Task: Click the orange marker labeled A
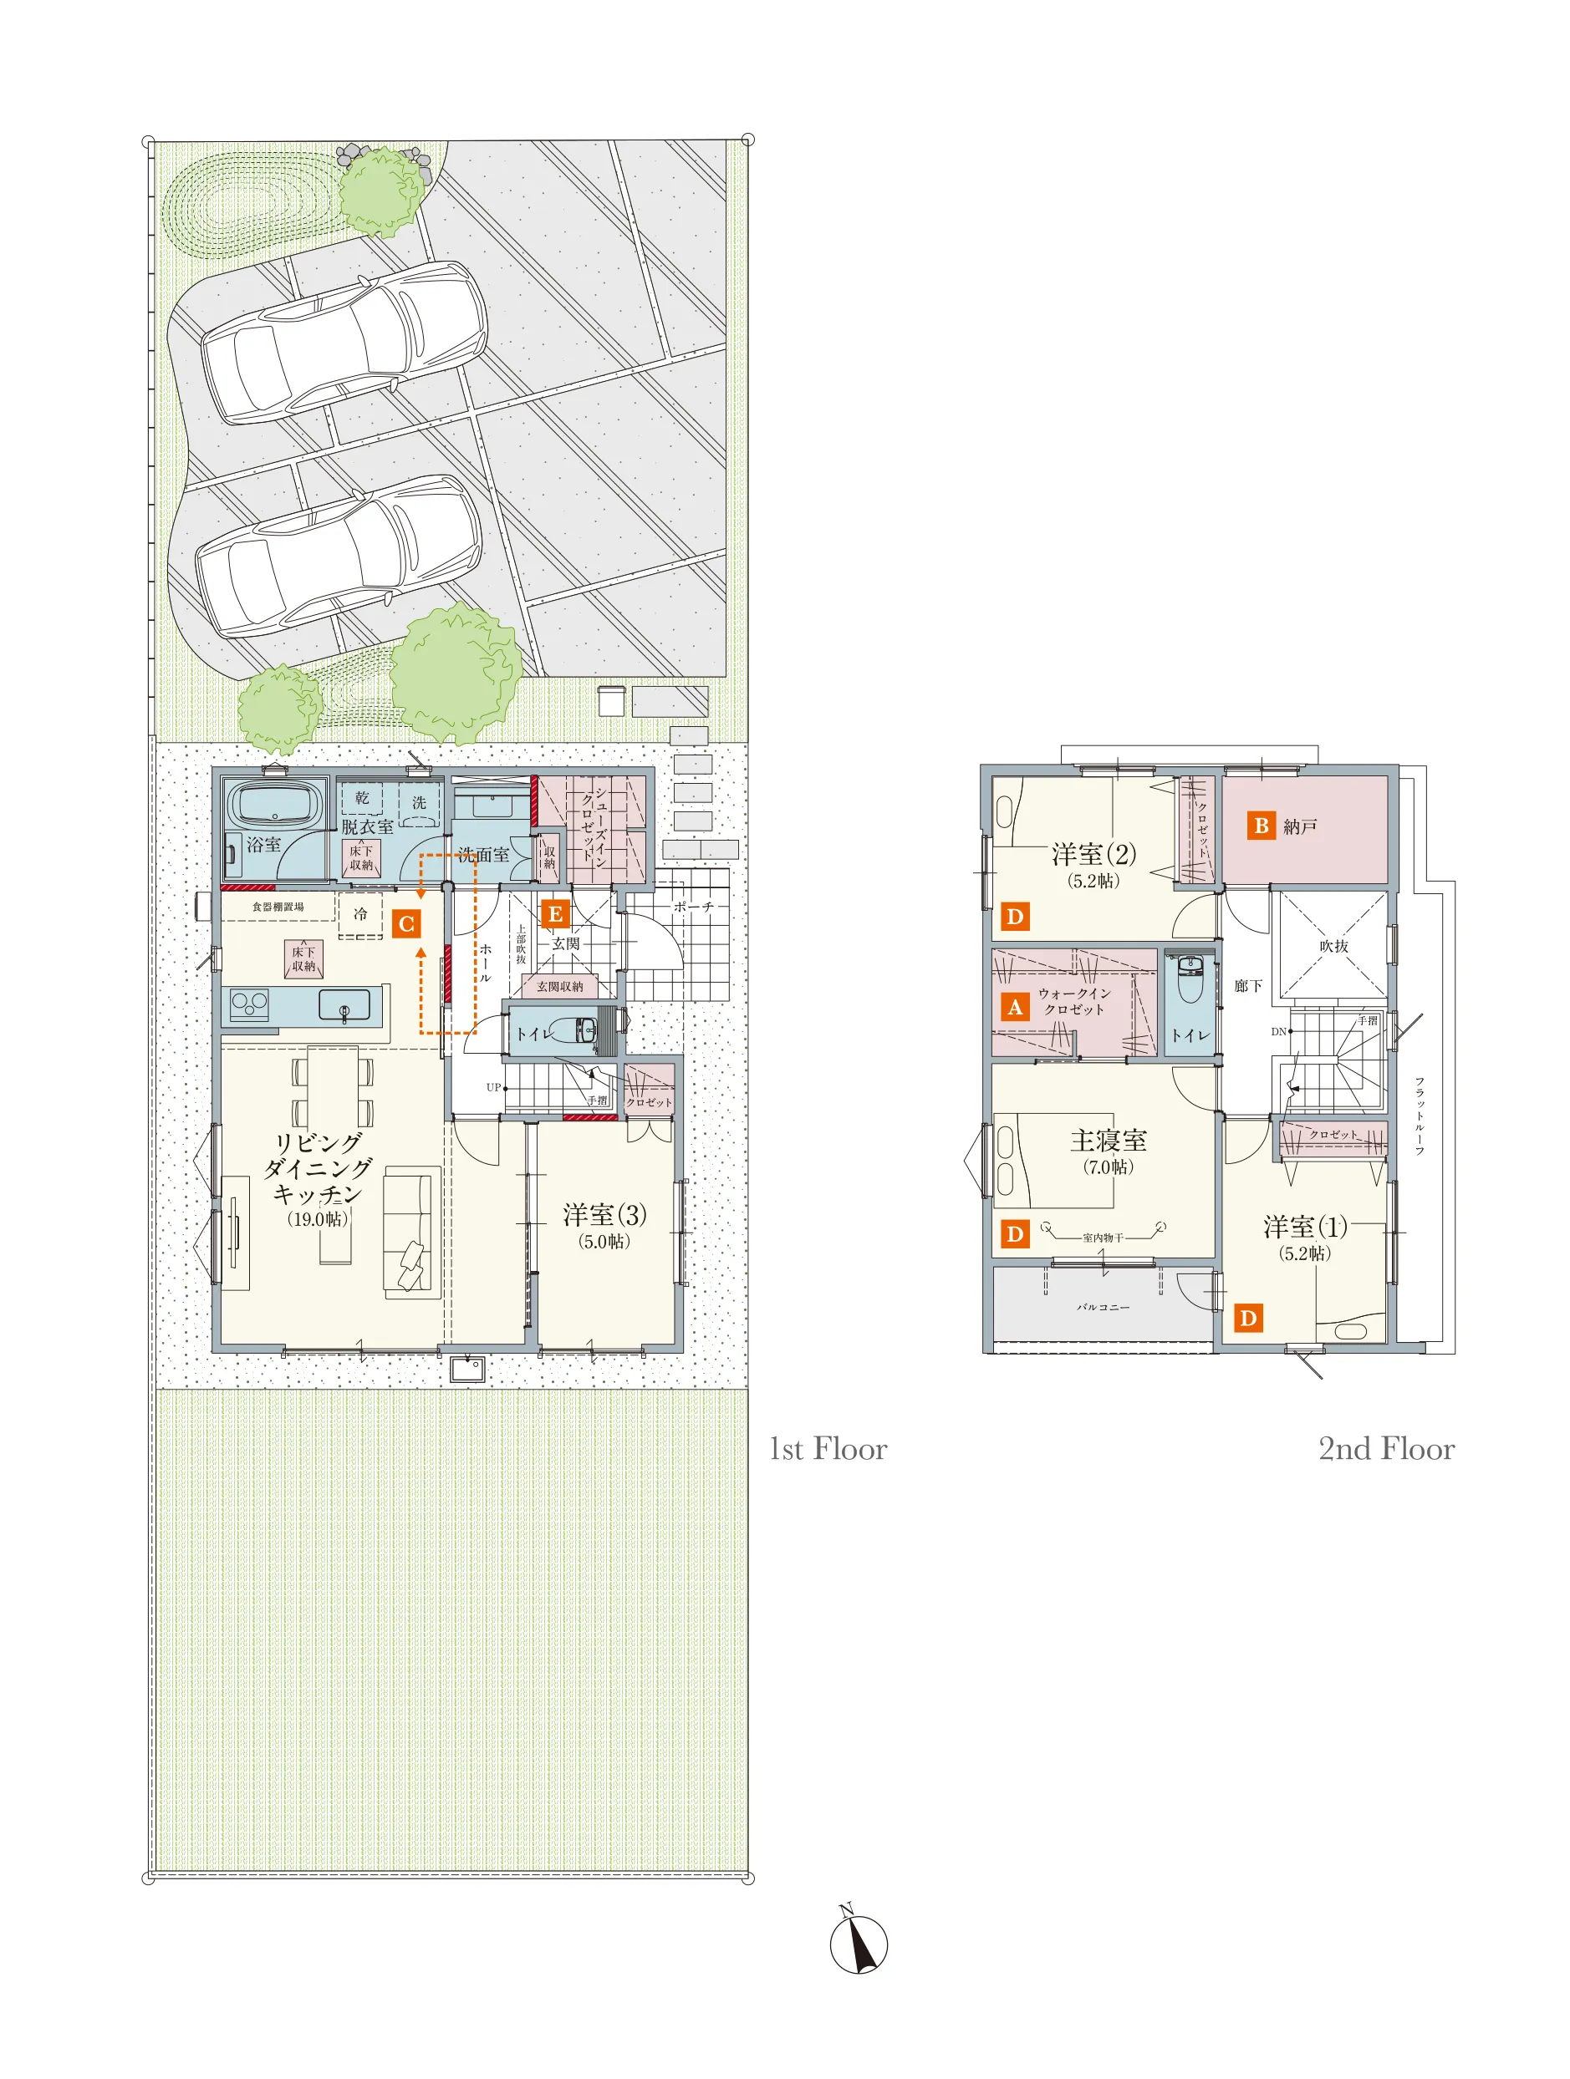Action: tap(1014, 1007)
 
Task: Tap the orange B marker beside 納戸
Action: tap(1261, 826)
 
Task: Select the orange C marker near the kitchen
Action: tap(406, 923)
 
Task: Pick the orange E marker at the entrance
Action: tap(554, 912)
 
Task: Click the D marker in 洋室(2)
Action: tap(1014, 917)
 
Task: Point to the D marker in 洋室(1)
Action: tap(1247, 1318)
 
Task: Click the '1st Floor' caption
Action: tap(828, 1448)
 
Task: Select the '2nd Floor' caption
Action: tap(1386, 1448)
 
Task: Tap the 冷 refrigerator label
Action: tap(360, 913)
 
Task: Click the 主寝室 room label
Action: tap(1109, 1140)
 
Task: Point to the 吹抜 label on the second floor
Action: tap(1333, 946)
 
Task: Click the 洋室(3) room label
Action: tap(604, 1214)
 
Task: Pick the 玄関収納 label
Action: tap(559, 986)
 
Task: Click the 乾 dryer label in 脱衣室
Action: tap(362, 798)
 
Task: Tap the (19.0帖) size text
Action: tap(318, 1219)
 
